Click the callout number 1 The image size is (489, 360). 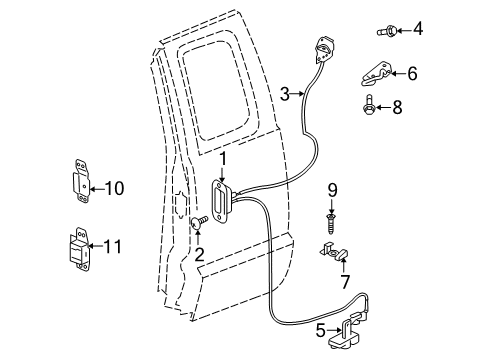225,158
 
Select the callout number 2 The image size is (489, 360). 198,255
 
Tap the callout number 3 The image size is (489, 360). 285,94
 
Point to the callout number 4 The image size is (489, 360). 418,29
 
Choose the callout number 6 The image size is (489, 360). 412,72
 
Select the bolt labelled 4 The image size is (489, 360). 384,31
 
